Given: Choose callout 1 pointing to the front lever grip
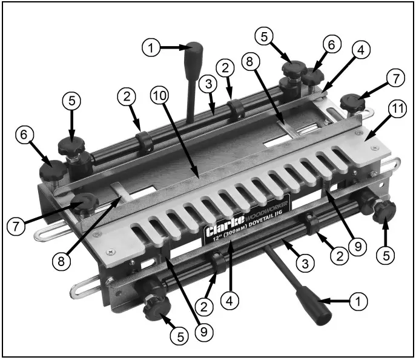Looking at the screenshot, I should [359, 300].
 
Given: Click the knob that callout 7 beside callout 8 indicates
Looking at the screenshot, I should [84, 201].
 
